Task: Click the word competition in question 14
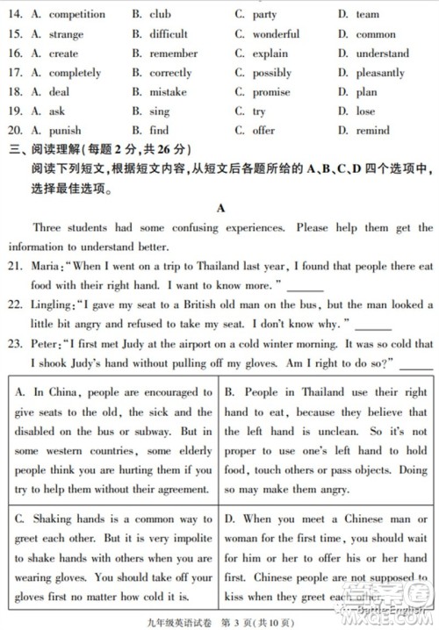[x=76, y=14]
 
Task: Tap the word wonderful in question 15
[x=276, y=34]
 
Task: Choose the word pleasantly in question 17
[x=381, y=73]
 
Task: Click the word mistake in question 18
[x=168, y=92]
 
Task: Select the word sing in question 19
[x=159, y=111]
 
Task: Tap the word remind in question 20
[x=372, y=131]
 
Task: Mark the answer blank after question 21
[x=305, y=286]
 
